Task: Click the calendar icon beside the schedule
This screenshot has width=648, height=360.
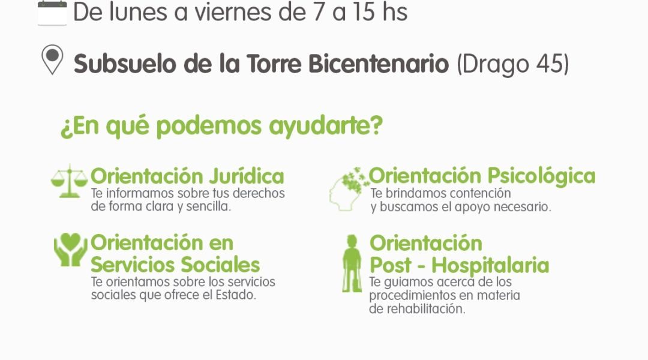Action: [52, 13]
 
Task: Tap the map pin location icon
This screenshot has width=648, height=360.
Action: [52, 60]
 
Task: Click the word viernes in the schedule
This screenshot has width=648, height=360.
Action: [233, 12]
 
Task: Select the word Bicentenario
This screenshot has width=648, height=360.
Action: [379, 64]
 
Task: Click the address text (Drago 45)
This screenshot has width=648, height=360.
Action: [513, 64]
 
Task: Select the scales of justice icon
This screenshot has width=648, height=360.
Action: [70, 181]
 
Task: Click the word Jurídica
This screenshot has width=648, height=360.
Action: [247, 176]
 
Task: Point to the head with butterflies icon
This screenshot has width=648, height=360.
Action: [349, 189]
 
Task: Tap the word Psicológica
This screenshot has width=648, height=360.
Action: [541, 176]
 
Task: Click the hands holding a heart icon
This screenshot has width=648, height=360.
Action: [71, 249]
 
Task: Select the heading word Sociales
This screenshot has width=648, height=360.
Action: [220, 265]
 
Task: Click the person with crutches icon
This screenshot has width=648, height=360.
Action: [352, 263]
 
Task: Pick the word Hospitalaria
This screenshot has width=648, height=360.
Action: [490, 265]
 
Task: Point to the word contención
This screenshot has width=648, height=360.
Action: [480, 193]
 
